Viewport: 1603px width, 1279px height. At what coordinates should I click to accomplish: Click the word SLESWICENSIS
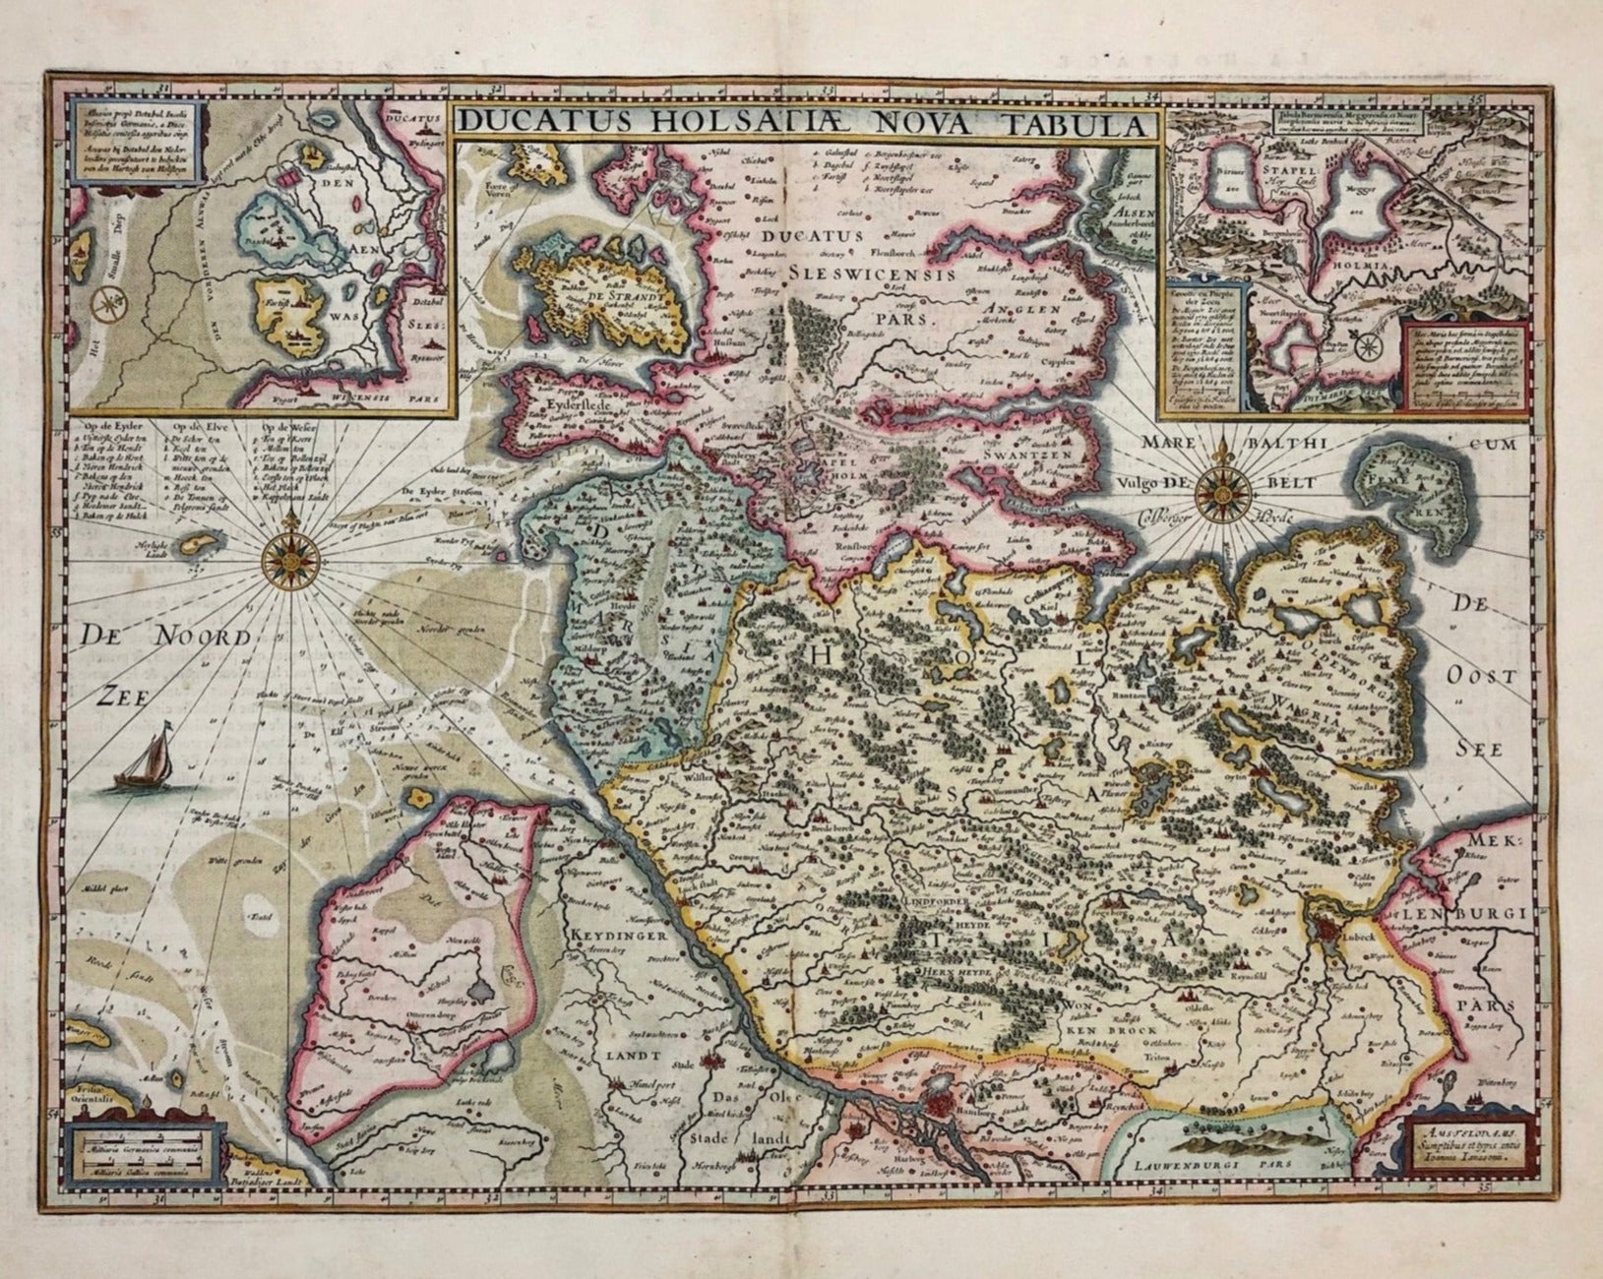click(871, 277)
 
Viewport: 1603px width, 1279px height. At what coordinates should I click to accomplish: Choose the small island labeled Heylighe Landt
click(202, 543)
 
